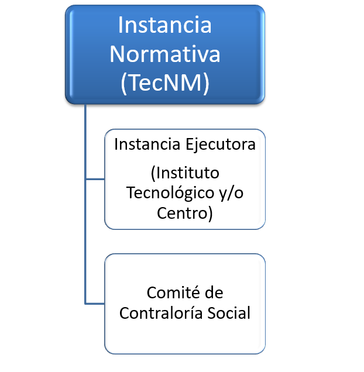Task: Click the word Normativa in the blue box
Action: click(165, 54)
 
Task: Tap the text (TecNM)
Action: click(165, 83)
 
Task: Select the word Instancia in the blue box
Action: click(165, 25)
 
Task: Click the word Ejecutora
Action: click(221, 145)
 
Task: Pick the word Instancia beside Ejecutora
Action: click(147, 144)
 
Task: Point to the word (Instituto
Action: click(185, 173)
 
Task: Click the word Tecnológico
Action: click(170, 194)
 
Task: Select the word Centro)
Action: click(185, 213)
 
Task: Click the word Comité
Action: click(173, 292)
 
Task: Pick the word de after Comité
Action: click(214, 292)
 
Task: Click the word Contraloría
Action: click(161, 313)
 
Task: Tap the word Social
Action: click(229, 313)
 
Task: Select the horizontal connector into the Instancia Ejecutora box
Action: click(95, 179)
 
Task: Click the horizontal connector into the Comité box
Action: click(95, 304)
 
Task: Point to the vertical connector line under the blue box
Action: click(85, 204)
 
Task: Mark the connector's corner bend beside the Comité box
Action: click(85, 304)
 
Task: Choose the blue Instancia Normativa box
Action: click(165, 54)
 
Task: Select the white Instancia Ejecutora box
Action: click(185, 180)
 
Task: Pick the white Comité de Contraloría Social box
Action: click(185, 304)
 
